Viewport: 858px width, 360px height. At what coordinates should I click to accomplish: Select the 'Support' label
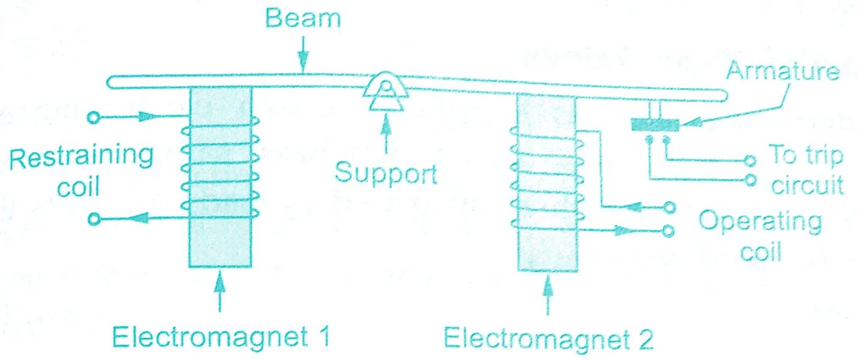[385, 172]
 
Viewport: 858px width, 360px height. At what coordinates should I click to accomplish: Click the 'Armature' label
[783, 71]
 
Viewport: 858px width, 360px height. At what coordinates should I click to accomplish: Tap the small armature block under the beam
[654, 124]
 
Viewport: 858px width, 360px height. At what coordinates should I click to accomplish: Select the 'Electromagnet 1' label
[220, 337]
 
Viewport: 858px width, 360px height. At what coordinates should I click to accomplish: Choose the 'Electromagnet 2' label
[548, 339]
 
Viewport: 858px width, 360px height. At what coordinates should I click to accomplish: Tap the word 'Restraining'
[81, 157]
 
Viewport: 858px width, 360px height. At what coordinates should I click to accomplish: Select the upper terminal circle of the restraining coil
[94, 117]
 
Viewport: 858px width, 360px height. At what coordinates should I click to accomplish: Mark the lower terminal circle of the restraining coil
[94, 219]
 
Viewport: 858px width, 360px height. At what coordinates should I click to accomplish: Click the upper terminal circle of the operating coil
[670, 207]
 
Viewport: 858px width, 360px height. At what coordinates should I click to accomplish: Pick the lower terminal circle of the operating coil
[668, 231]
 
